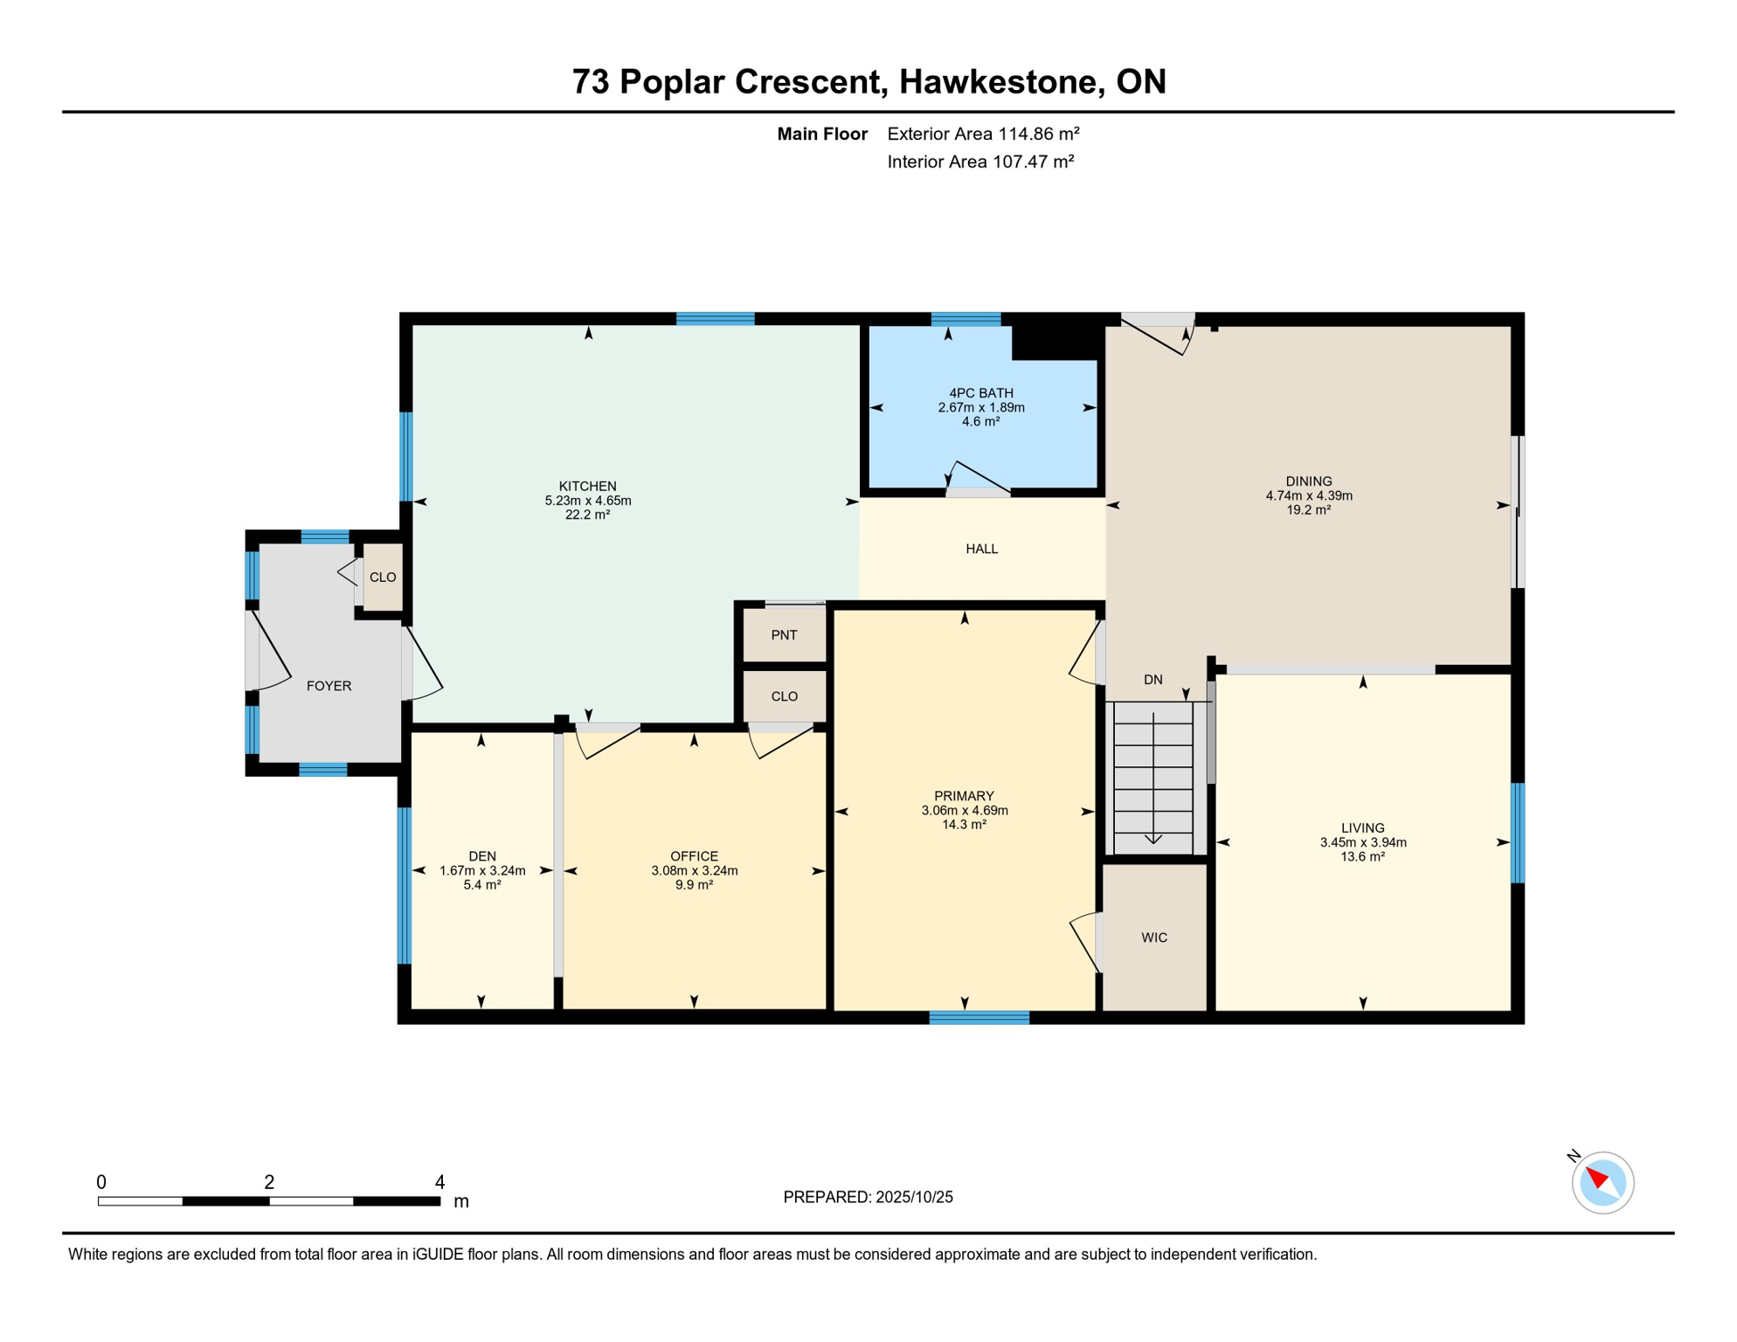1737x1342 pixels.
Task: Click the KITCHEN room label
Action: pyautogui.click(x=587, y=486)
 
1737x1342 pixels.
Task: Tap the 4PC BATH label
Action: pyautogui.click(x=980, y=393)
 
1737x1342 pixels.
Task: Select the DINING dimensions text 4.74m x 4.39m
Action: pyautogui.click(x=1308, y=495)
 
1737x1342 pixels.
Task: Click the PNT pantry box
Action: pyautogui.click(x=784, y=635)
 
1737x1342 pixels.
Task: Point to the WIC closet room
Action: pyautogui.click(x=1153, y=937)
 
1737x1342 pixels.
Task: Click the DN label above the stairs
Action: pyautogui.click(x=1152, y=680)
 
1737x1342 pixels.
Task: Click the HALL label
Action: pyautogui.click(x=981, y=549)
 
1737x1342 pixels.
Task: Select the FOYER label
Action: pyautogui.click(x=329, y=686)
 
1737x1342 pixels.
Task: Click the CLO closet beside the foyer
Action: pyautogui.click(x=383, y=578)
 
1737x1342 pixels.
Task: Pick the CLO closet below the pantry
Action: pyautogui.click(x=784, y=696)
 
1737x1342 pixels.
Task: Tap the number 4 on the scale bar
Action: pyautogui.click(x=439, y=1182)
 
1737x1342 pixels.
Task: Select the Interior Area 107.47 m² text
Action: pyautogui.click(x=979, y=162)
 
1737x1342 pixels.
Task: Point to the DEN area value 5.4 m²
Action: pyautogui.click(x=481, y=885)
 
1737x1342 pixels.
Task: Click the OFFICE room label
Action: pyautogui.click(x=694, y=856)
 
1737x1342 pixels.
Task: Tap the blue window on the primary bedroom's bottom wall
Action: pyautogui.click(x=979, y=1017)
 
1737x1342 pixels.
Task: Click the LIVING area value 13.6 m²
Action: pyautogui.click(x=1362, y=857)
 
